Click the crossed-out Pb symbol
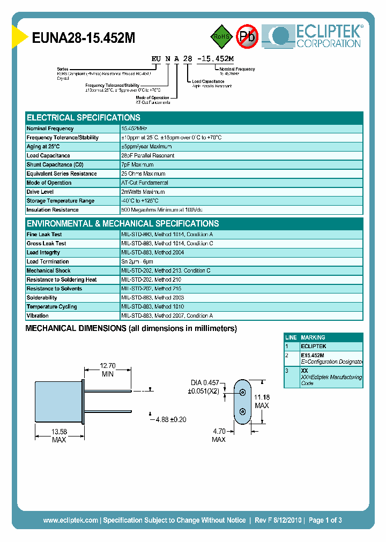tap(247, 36)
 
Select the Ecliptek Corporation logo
tap(317, 36)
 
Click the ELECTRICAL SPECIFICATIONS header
tap(84, 117)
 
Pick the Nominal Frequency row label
tap(50, 129)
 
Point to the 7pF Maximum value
tap(138, 165)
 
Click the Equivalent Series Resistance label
tap(62, 174)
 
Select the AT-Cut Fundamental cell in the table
tap(145, 183)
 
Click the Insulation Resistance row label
tap(53, 210)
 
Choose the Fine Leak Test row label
tap(44, 235)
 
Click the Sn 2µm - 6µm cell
tap(140, 262)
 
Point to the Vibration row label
tap(38, 316)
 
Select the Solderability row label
tap(42, 298)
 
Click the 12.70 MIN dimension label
tap(108, 370)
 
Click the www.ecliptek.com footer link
tap(70, 520)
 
